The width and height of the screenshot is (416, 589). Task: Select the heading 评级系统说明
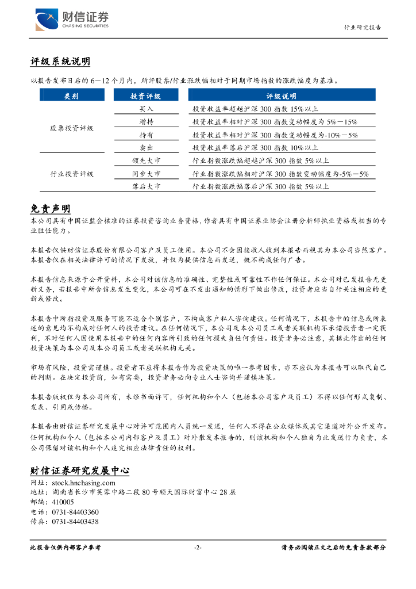point(60,62)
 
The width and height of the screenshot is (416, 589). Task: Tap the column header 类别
point(71,96)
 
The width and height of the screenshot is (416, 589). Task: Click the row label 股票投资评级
point(71,128)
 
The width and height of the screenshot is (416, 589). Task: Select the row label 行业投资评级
point(71,174)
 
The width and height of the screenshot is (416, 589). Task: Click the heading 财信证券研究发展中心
point(79,471)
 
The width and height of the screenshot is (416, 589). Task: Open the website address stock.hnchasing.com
point(83,484)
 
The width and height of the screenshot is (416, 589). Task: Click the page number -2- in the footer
point(198,548)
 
